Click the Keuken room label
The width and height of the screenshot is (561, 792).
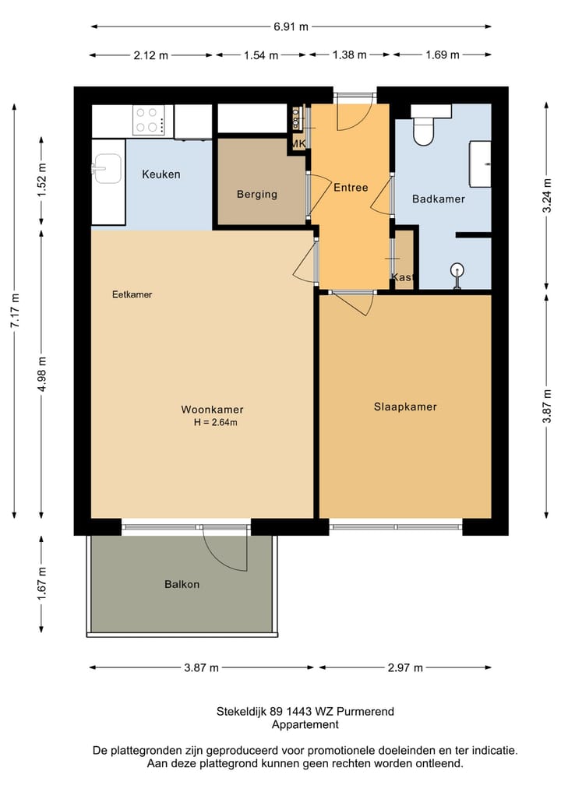[161, 174]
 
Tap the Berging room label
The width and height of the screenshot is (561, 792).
[257, 194]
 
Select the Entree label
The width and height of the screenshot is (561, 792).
[351, 188]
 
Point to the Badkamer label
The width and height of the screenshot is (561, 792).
[438, 199]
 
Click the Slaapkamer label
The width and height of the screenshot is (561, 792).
[405, 407]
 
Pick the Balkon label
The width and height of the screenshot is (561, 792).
[182, 584]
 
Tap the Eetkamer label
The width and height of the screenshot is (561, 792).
[132, 294]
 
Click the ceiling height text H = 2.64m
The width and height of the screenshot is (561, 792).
[215, 422]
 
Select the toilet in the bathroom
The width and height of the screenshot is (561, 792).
[424, 126]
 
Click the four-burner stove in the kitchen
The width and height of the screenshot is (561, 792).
[149, 120]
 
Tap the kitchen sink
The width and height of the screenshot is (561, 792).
[107, 168]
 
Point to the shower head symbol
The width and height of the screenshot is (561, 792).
[457, 275]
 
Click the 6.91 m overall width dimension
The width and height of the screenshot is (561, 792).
[291, 26]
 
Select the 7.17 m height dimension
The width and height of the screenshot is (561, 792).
[15, 311]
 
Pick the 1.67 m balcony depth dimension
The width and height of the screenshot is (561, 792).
[41, 584]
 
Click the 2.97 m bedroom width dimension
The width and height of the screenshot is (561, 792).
[405, 667]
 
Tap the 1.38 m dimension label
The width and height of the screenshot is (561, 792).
[349, 55]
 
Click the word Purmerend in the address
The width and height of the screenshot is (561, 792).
[365, 712]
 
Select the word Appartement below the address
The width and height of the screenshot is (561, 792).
[305, 725]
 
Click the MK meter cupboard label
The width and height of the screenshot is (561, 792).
[298, 144]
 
